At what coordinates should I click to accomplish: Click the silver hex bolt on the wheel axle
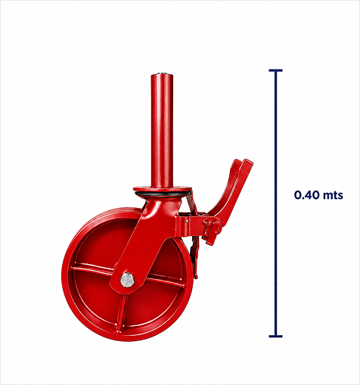click(x=127, y=280)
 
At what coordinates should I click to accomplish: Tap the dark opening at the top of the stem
click(x=162, y=74)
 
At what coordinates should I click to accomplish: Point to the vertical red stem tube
click(x=162, y=130)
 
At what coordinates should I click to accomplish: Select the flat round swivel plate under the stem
click(x=163, y=188)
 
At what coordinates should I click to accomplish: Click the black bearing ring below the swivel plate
click(x=163, y=194)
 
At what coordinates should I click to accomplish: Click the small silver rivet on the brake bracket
click(x=187, y=221)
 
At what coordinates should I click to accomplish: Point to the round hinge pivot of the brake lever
click(x=208, y=222)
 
